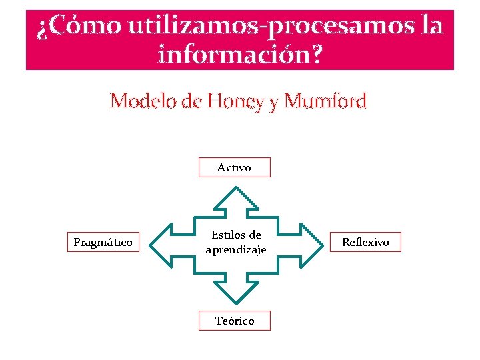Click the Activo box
click(235, 167)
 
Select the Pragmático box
click(103, 242)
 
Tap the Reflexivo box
click(365, 242)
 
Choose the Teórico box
click(235, 321)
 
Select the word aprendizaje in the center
click(236, 249)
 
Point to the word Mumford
click(325, 101)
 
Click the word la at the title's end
click(432, 27)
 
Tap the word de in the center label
click(254, 235)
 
